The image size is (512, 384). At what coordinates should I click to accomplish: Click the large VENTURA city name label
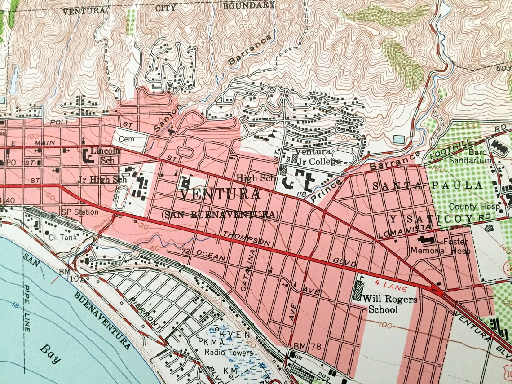[x=220, y=195]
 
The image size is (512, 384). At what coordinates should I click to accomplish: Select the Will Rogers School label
[x=390, y=304]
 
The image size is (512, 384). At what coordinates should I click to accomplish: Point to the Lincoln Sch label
[x=105, y=155]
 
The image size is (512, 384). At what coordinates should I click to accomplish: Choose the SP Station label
[x=80, y=212]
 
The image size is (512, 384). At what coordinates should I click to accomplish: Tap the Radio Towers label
[x=229, y=353]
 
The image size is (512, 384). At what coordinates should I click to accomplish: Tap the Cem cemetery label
[x=127, y=140]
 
